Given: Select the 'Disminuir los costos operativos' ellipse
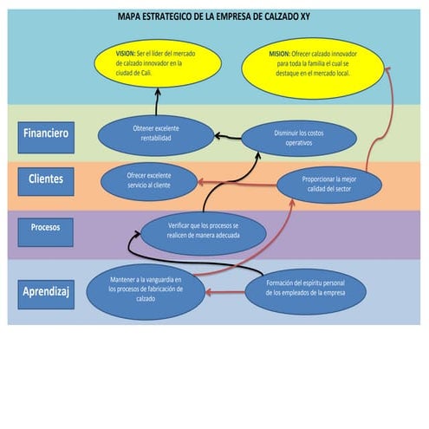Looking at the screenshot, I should point(286,137).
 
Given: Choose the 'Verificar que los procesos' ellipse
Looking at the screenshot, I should point(204,231).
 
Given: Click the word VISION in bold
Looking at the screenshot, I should point(125,53).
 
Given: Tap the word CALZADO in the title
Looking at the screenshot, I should point(292,17).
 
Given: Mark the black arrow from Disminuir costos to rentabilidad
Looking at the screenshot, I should point(227,136).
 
